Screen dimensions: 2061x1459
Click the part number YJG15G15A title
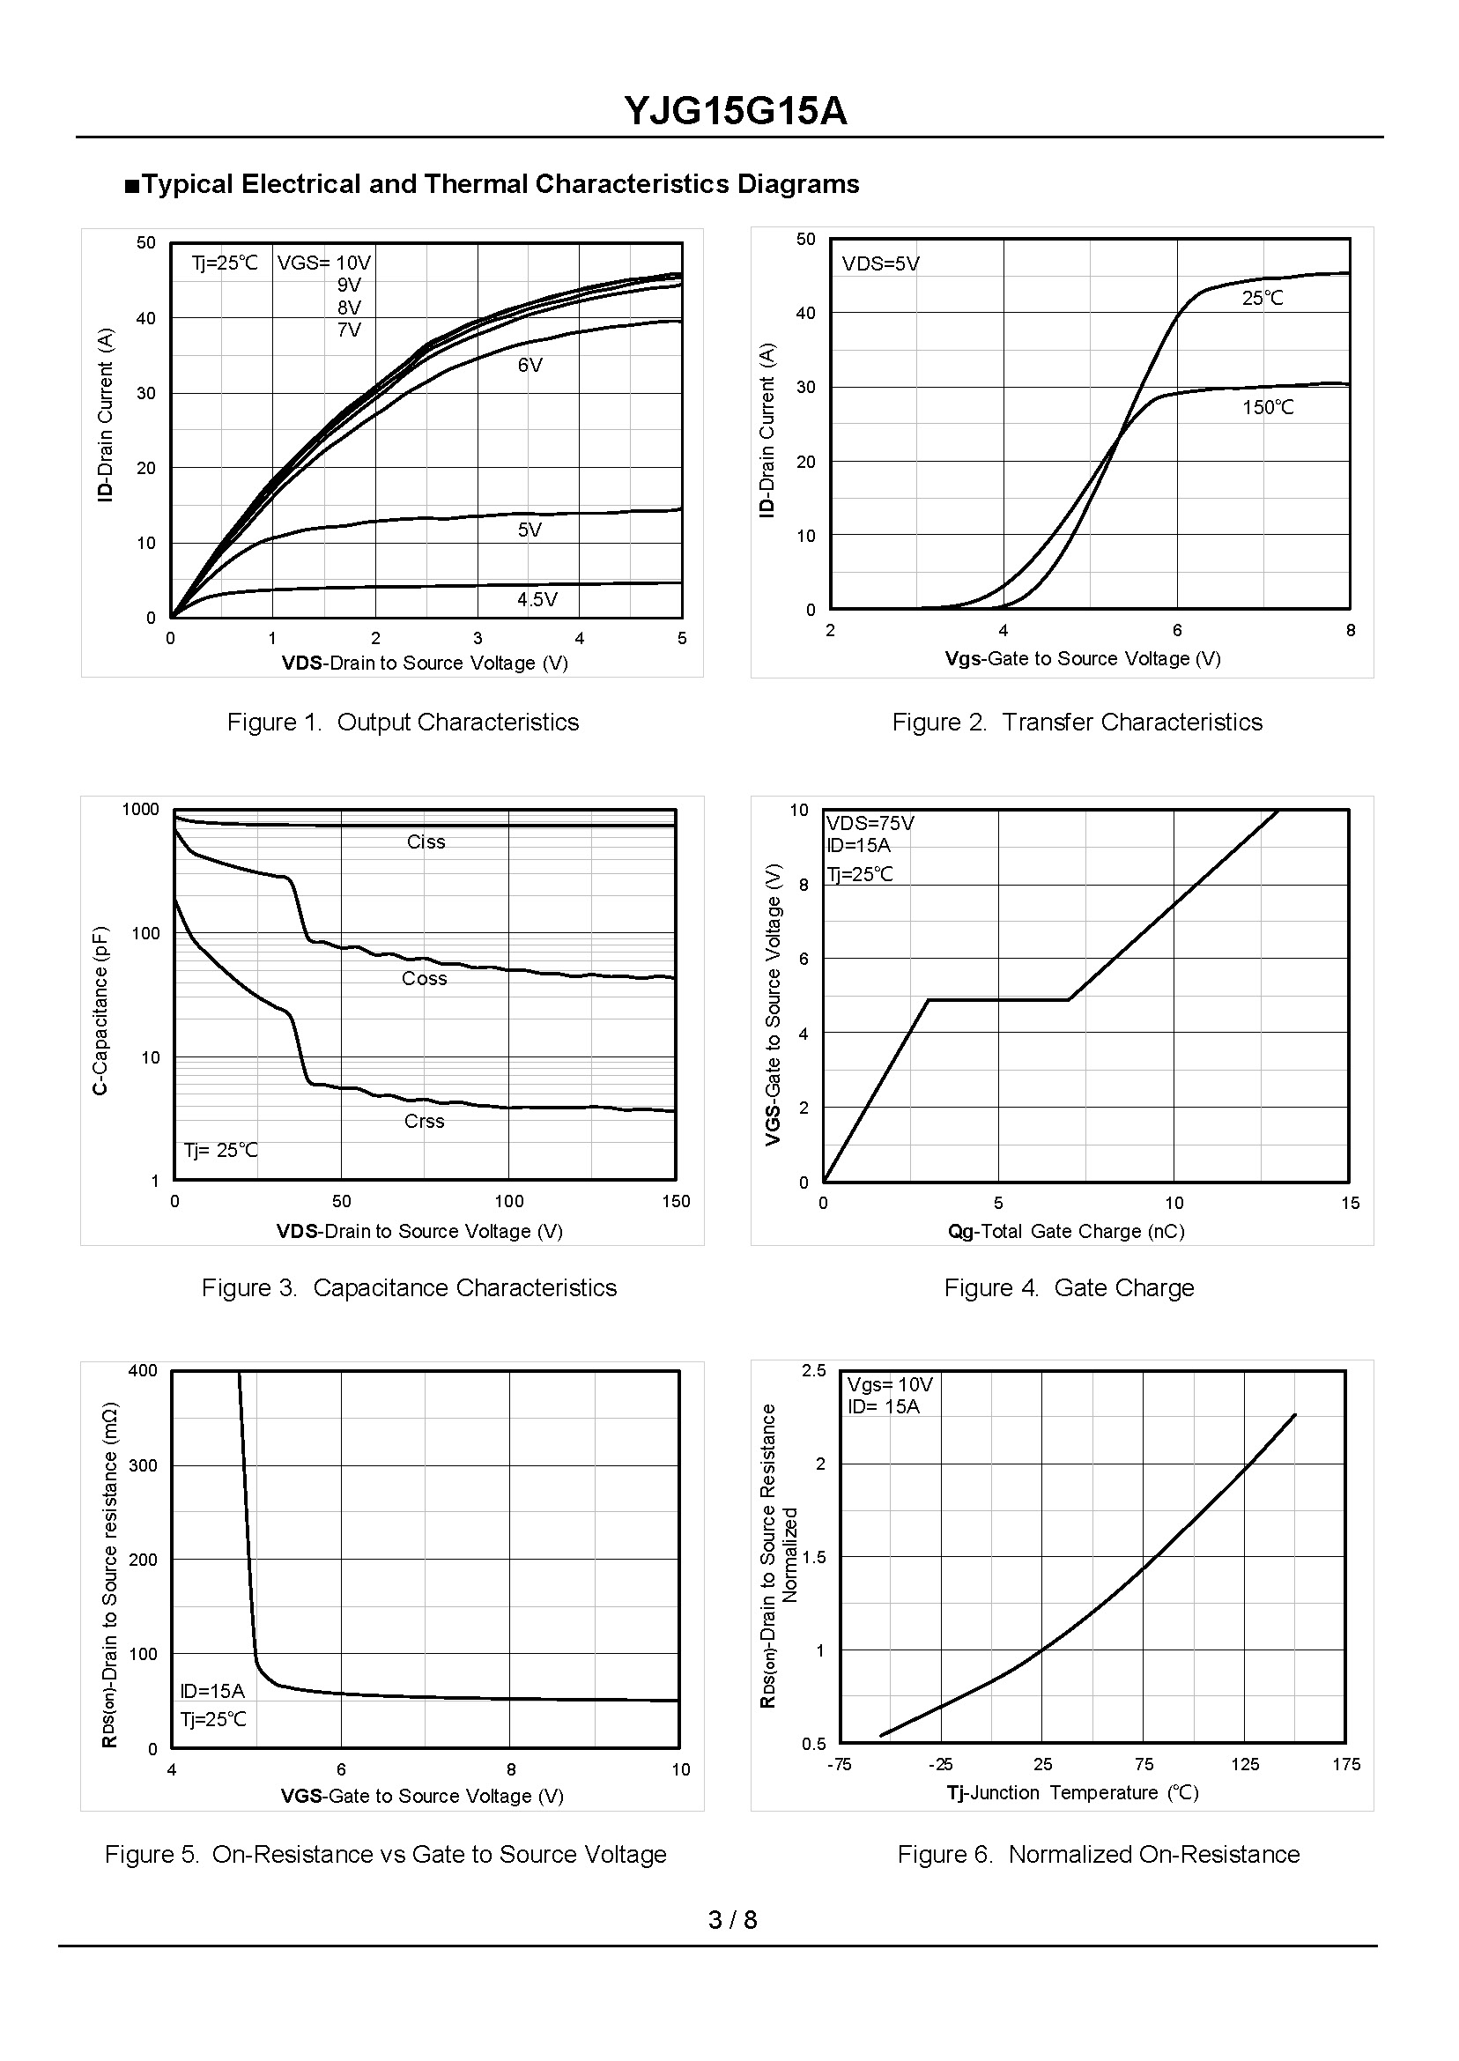click(x=735, y=112)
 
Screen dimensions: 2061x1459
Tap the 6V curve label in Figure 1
click(x=530, y=366)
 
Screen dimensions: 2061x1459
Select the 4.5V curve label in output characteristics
click(x=537, y=599)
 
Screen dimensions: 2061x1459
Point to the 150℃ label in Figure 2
click(x=1268, y=408)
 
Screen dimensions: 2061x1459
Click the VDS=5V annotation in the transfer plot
click(x=880, y=264)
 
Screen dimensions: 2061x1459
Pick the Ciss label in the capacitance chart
click(x=426, y=841)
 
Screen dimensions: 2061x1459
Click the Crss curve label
click(x=424, y=1121)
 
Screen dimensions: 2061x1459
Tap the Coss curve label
click(x=424, y=978)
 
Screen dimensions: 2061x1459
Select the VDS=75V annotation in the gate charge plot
click(x=870, y=823)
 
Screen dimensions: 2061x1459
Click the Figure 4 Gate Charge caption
click(x=1068, y=1287)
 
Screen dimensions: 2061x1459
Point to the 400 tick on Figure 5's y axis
click(x=143, y=1370)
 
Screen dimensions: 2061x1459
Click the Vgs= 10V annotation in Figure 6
click(x=890, y=1384)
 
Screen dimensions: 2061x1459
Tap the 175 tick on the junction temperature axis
click(x=1346, y=1764)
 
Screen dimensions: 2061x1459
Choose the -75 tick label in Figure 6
click(x=838, y=1764)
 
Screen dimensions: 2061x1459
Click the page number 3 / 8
click(x=732, y=1920)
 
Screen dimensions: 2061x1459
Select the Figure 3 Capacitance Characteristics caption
click(x=409, y=1287)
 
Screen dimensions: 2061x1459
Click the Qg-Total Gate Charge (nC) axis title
click(x=1066, y=1231)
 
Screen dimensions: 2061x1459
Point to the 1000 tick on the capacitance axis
click(x=140, y=810)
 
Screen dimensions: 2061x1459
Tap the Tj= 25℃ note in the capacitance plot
click(x=220, y=1150)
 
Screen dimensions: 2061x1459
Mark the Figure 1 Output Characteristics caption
click(x=403, y=723)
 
